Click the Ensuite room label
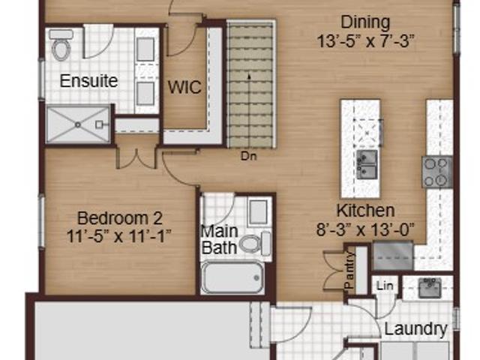(88, 81)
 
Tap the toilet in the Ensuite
(61, 45)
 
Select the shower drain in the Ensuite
(78, 124)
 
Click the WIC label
(184, 87)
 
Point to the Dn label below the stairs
(248, 156)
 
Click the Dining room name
(365, 22)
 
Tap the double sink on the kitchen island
(367, 164)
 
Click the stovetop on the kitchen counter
(437, 172)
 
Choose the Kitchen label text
(365, 211)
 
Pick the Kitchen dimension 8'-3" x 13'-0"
(365, 229)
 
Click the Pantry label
(349, 270)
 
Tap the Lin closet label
(385, 286)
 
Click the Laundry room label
(415, 329)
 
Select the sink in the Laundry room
(430, 288)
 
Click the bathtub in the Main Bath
(232, 277)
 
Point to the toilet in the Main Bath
(255, 244)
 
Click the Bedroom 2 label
(120, 218)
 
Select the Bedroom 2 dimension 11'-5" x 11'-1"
(118, 236)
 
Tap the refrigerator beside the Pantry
(393, 256)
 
